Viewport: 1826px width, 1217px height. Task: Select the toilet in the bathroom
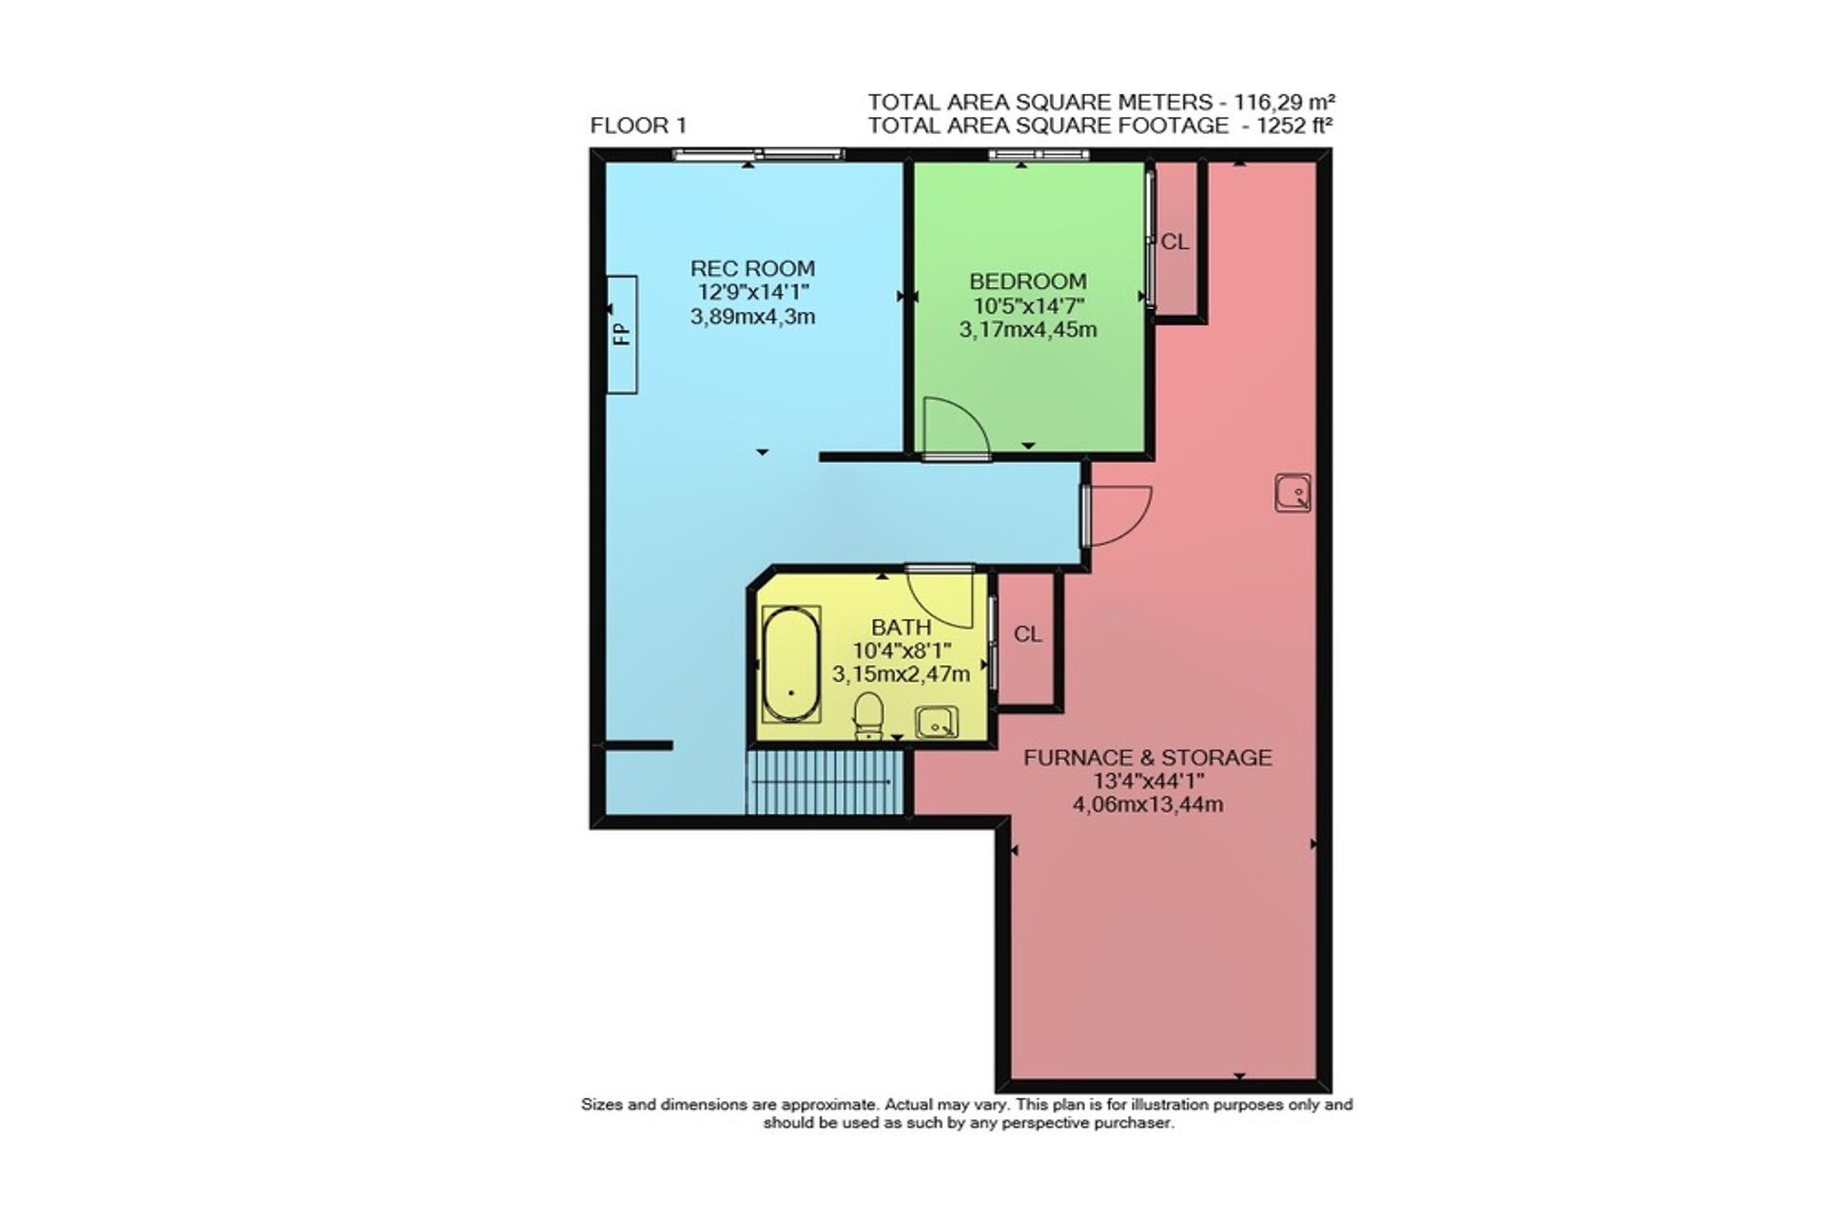[x=868, y=716]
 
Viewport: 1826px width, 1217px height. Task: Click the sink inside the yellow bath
[x=937, y=723]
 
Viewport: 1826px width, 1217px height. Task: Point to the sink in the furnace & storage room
[x=1292, y=493]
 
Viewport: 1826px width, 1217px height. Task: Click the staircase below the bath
[x=824, y=782]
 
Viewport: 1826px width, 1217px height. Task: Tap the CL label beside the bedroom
[x=1175, y=242]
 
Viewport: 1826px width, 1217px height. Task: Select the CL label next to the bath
[x=1028, y=634]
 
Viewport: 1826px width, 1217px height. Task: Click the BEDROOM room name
[x=1028, y=281]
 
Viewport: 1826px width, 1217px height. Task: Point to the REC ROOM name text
[x=752, y=268]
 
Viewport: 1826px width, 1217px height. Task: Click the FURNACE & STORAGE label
[x=1147, y=758]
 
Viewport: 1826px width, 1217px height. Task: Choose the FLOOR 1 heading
[x=638, y=126]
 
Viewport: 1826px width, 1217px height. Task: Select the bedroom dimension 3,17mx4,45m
[x=1028, y=330]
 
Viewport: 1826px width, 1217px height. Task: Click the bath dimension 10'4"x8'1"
[x=902, y=651]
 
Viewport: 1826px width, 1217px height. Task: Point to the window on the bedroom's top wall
[x=1038, y=155]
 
